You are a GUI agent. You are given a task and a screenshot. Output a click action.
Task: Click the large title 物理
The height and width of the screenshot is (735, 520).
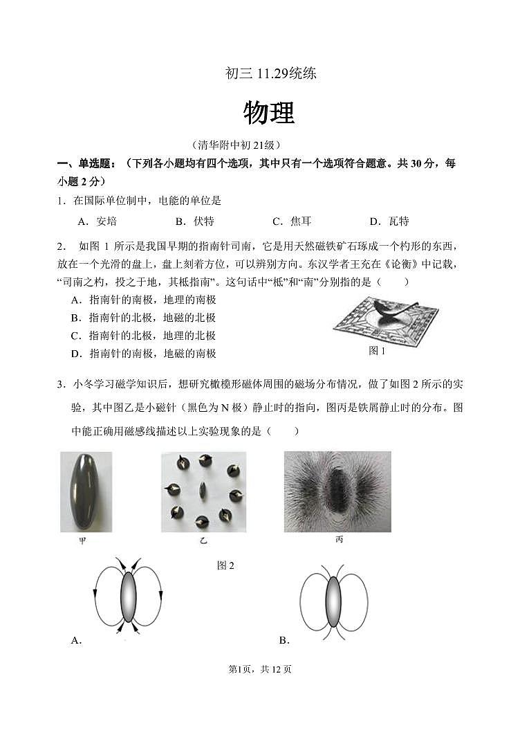[x=270, y=113]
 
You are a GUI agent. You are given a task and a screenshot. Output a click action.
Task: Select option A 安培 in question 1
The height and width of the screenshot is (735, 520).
[x=98, y=221]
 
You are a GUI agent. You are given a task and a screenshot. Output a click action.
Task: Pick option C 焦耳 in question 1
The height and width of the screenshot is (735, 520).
[x=292, y=221]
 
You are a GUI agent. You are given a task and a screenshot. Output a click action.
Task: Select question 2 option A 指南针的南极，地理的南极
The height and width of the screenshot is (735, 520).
[x=143, y=300]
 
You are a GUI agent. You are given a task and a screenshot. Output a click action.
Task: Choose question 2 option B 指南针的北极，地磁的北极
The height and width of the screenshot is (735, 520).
[x=143, y=318]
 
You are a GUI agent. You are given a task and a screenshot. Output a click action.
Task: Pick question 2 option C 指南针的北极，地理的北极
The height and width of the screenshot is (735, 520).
[x=143, y=336]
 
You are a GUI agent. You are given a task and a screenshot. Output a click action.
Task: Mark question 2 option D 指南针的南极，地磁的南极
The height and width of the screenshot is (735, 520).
[x=143, y=354]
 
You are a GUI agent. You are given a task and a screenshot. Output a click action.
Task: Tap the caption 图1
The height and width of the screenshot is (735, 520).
[x=377, y=351]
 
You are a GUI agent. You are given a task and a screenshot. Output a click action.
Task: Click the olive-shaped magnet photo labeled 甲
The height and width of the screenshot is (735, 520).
[x=86, y=491]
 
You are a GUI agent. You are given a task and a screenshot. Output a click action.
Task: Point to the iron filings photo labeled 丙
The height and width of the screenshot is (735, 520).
[x=337, y=491]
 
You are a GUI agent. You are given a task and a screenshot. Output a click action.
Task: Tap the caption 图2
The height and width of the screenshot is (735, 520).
[x=225, y=565]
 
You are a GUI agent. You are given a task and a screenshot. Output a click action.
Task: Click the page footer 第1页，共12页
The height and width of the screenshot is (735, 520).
[x=260, y=669]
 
